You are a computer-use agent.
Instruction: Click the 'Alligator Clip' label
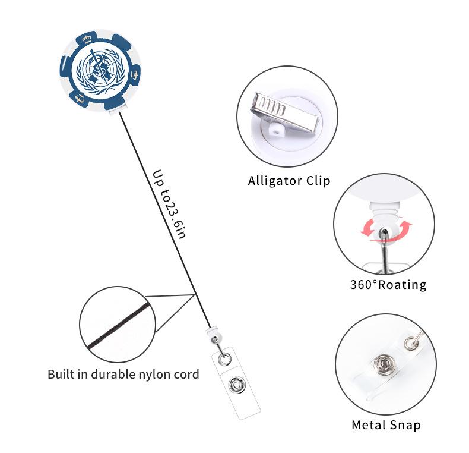point(289,180)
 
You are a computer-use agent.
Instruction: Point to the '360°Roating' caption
point(388,285)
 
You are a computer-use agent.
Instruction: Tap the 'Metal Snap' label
point(386,425)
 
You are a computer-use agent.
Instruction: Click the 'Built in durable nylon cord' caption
point(123,375)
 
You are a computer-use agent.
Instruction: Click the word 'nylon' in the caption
point(156,375)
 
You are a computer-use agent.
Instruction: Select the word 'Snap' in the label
point(405,425)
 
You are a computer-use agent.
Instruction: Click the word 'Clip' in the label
point(318,180)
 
